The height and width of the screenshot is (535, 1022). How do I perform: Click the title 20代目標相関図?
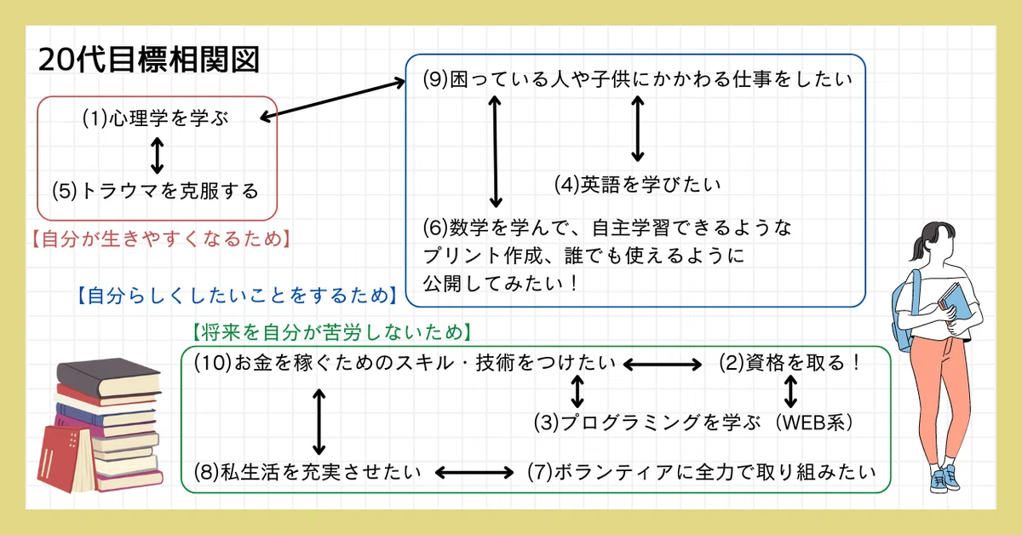click(x=149, y=60)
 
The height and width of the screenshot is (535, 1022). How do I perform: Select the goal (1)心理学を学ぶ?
click(x=156, y=118)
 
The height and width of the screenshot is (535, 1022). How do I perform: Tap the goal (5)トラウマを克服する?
click(x=155, y=191)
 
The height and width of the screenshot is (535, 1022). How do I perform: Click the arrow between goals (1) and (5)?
click(x=157, y=156)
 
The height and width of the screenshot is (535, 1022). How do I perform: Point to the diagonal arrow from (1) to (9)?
click(x=333, y=100)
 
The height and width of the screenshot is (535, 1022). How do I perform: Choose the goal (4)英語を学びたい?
click(x=637, y=184)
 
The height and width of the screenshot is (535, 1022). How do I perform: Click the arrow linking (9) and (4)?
click(x=637, y=129)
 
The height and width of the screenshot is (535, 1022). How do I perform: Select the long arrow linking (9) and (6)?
click(x=496, y=151)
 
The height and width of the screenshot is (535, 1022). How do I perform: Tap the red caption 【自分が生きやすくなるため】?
click(x=162, y=239)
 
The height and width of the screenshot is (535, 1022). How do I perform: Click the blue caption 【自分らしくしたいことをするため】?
click(x=238, y=296)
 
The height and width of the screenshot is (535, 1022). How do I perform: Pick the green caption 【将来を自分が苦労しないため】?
click(x=331, y=332)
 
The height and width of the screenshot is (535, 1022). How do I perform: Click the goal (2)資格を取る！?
click(x=789, y=363)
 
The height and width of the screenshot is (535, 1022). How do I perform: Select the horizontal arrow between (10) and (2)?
click(x=663, y=365)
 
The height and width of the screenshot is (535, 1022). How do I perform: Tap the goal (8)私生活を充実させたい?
click(x=307, y=472)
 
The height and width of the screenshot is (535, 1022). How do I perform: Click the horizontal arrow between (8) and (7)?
click(x=474, y=473)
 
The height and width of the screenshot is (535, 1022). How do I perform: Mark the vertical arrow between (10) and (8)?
click(x=319, y=422)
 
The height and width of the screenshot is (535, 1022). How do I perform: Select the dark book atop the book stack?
click(x=110, y=377)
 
